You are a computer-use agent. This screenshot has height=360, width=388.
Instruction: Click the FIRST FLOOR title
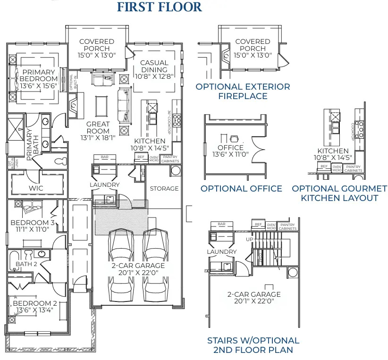[x=159, y=7]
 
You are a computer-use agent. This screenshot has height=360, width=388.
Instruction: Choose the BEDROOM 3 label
[x=33, y=222]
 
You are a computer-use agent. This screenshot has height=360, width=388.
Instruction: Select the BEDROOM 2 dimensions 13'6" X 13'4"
[x=35, y=310]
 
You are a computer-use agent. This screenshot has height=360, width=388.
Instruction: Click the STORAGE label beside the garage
[x=164, y=188]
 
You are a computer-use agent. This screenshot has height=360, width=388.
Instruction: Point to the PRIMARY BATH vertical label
[x=29, y=144]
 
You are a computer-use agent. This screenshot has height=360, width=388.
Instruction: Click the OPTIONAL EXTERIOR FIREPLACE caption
[x=243, y=92]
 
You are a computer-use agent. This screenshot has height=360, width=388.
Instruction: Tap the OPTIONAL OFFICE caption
[x=241, y=189]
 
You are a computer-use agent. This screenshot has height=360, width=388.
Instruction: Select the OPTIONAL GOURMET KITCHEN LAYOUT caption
[x=339, y=193]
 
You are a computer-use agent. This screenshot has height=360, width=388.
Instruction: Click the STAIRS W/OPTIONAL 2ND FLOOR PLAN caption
[x=253, y=345]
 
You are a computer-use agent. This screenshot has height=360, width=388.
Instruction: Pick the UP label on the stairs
[x=249, y=239]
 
